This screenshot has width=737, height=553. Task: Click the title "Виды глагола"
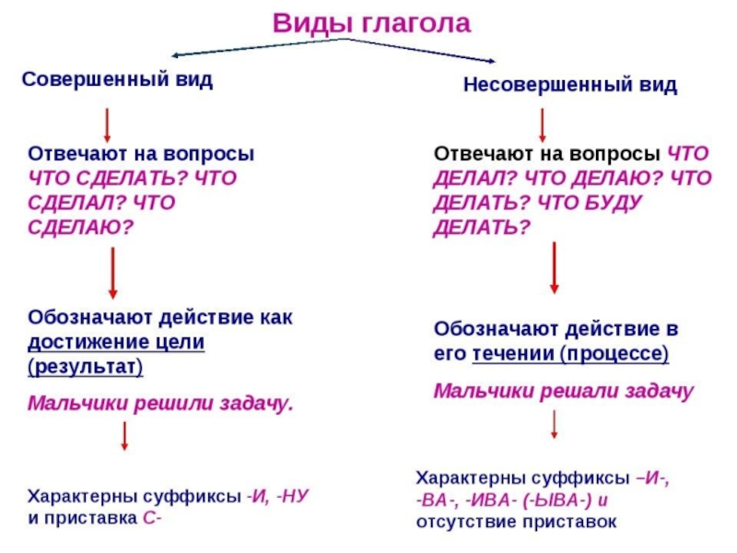(x=371, y=24)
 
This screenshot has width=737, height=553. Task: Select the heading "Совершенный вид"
(x=117, y=79)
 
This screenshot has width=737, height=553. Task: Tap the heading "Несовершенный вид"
(x=569, y=86)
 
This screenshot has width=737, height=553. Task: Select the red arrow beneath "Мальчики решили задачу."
(x=124, y=436)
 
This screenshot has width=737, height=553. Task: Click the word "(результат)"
(x=86, y=366)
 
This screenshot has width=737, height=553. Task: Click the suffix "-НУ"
(x=292, y=495)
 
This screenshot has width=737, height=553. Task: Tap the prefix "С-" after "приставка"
(x=152, y=517)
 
